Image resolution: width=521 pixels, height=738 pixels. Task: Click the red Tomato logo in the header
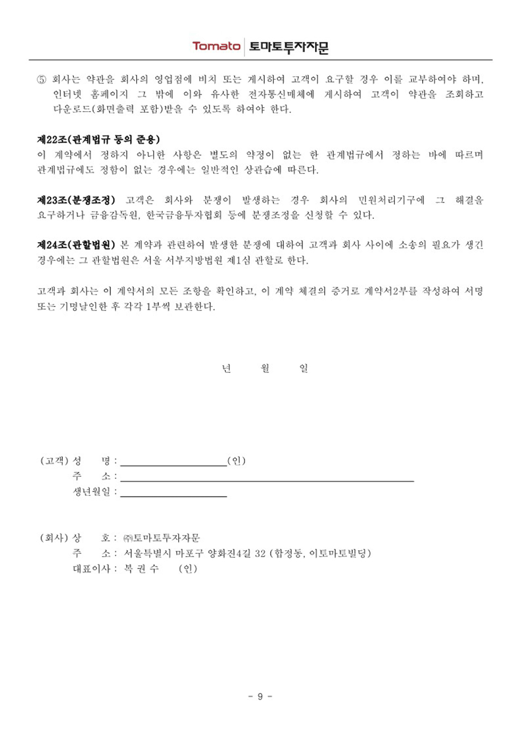point(216,46)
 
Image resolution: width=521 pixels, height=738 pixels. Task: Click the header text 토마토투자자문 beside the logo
point(289,47)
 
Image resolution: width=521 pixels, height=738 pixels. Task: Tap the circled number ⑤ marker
point(41,79)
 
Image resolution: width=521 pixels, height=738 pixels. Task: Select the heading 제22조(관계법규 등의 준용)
point(98,139)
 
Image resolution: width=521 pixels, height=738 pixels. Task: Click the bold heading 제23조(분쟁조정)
point(76,200)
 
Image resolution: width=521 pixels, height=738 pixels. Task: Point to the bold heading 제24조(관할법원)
point(76,245)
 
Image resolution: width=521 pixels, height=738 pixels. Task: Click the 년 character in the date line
point(226,368)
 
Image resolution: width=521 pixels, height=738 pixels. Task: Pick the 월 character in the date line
point(265,368)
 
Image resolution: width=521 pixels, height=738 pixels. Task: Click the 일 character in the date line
point(304,368)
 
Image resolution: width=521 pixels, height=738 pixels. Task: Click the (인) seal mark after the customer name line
point(236,461)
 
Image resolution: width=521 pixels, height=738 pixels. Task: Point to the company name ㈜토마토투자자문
point(162,538)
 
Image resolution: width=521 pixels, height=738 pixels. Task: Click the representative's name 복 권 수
point(141,569)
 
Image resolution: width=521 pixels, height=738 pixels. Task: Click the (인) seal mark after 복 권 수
point(188,569)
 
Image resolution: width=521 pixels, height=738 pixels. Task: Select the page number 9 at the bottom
point(260,696)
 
